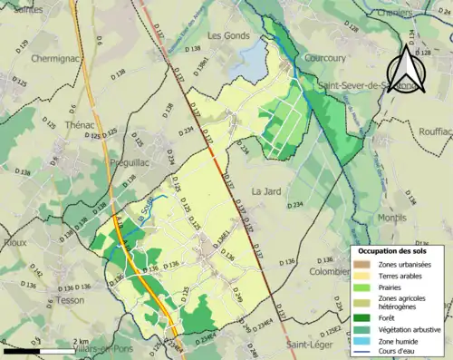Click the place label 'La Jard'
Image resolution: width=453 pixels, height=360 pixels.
(267, 191)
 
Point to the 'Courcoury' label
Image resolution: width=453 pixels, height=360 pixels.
(326, 58)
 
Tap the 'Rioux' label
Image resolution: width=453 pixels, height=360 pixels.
(14, 242)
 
